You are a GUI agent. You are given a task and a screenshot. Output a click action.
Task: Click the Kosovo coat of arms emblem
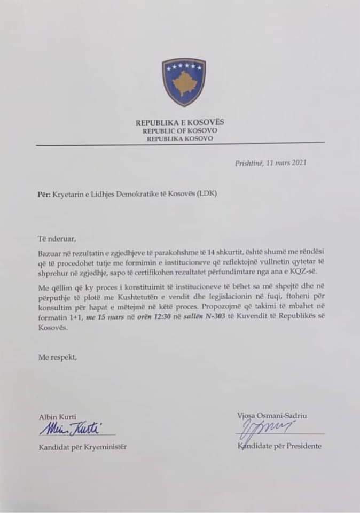pos(184,82)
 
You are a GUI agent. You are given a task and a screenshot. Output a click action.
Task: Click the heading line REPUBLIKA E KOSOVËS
pos(179,122)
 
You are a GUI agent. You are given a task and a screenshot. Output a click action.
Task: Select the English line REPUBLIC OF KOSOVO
pos(179,130)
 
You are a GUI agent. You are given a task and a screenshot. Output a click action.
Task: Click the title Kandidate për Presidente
pos(279,446)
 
